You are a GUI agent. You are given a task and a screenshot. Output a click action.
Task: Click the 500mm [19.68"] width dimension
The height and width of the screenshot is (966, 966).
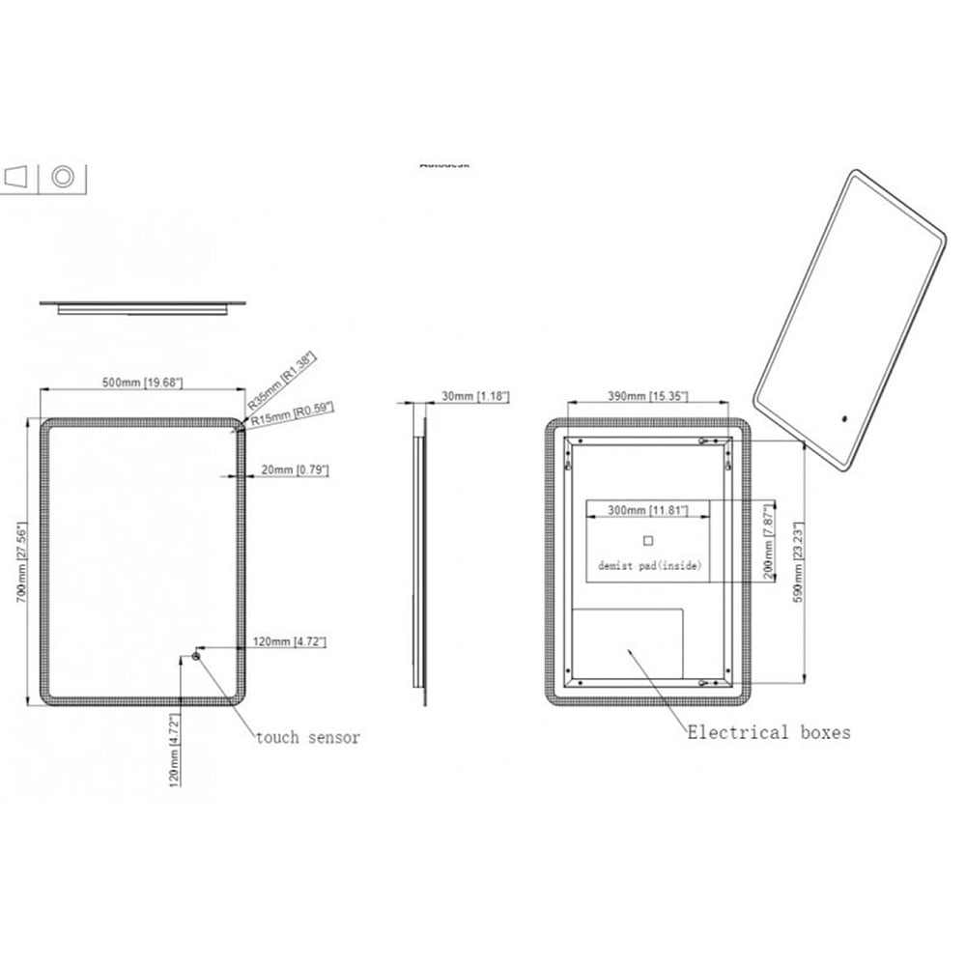[142, 383]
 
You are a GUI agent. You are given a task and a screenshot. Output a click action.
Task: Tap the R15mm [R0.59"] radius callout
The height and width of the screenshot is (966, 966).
[293, 414]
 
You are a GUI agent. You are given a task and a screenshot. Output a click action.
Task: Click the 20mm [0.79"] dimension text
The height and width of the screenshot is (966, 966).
[295, 470]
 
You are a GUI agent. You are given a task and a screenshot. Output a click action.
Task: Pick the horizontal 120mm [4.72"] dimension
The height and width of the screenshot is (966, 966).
[289, 640]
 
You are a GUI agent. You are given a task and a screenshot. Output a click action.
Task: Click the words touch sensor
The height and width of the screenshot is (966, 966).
[307, 738]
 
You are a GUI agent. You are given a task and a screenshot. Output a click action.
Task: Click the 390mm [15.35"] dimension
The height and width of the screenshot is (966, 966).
[647, 396]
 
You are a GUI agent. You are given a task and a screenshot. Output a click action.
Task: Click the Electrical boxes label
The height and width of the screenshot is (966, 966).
[769, 732]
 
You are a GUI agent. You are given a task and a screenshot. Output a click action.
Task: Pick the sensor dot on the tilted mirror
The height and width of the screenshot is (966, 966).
[844, 419]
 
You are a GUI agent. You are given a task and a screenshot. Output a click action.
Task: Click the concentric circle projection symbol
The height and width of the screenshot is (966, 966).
[63, 177]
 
